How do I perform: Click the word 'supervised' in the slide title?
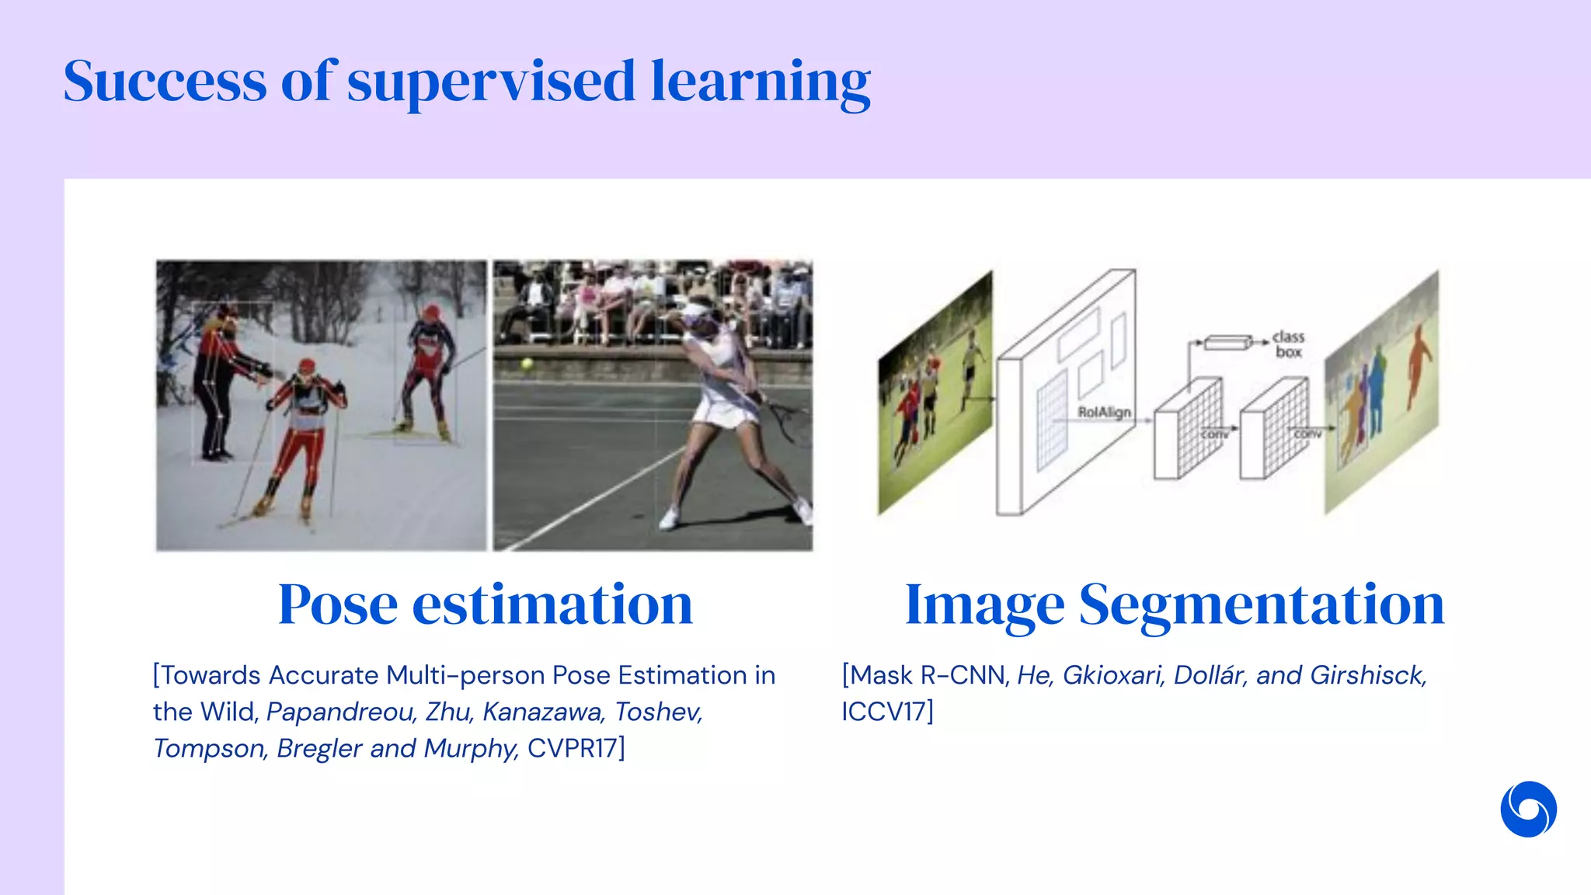point(491,82)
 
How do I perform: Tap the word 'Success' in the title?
point(165,81)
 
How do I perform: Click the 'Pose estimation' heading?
point(486,604)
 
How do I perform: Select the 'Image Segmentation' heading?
point(1175,604)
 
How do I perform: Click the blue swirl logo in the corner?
point(1528,809)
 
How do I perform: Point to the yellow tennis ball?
point(527,363)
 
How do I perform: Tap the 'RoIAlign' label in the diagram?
point(1104,412)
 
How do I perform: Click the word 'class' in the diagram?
point(1288,336)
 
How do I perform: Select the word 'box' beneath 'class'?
point(1288,352)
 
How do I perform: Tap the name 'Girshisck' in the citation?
point(1368,675)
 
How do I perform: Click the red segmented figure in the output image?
point(1419,364)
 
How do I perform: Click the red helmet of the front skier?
point(307,365)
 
